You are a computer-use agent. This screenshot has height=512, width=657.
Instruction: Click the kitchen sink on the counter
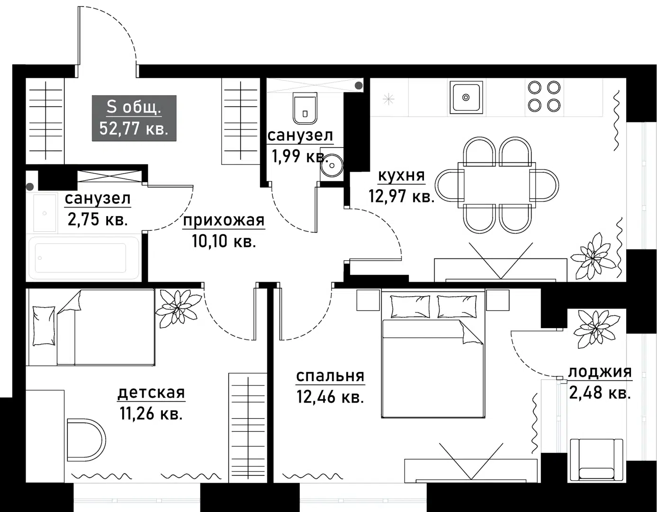click(x=466, y=97)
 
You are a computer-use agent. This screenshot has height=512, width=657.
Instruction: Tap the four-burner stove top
click(x=544, y=96)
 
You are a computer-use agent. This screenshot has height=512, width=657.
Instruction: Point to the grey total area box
click(x=134, y=118)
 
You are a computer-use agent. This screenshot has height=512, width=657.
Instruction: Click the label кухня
click(x=401, y=176)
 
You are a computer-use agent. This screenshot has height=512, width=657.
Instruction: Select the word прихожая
click(x=224, y=220)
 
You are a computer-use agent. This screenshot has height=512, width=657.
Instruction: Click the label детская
click(x=151, y=393)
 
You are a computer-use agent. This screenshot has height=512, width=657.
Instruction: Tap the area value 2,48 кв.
click(x=599, y=393)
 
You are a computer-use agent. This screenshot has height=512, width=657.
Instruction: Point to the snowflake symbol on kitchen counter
click(x=388, y=99)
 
